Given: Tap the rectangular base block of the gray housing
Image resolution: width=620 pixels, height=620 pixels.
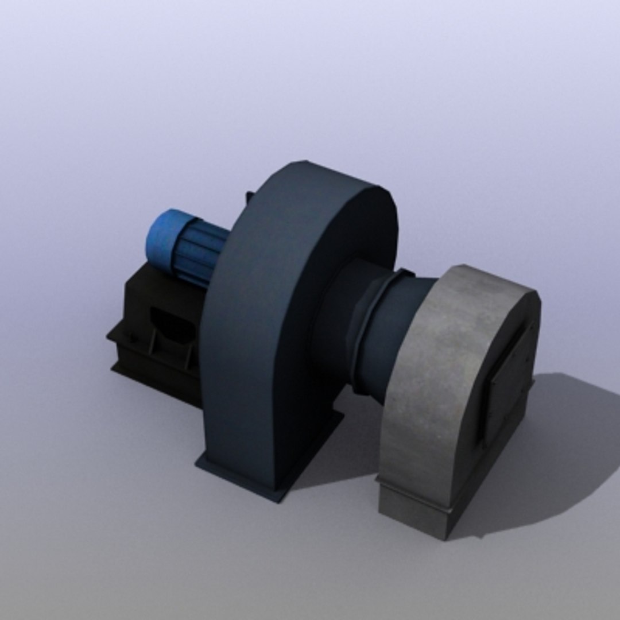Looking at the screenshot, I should click(413, 511).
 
